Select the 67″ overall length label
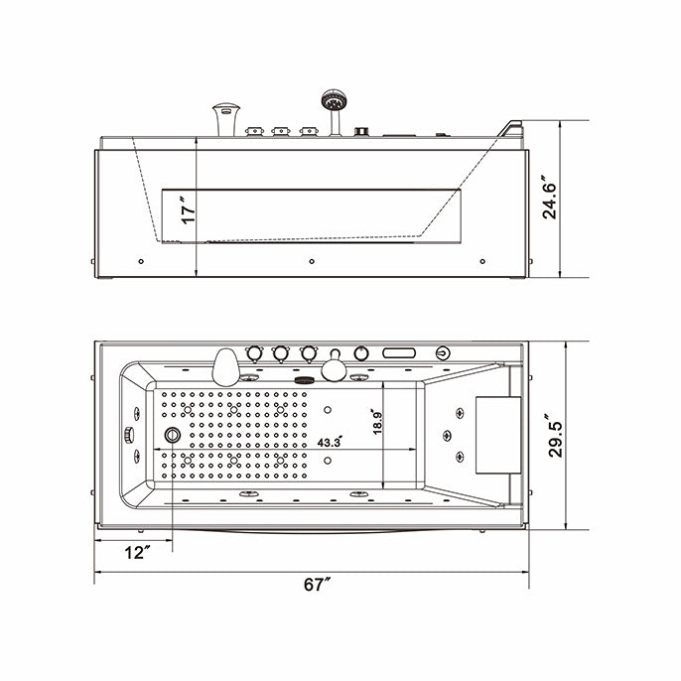click(316, 585)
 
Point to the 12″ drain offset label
click(139, 551)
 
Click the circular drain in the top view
click(174, 435)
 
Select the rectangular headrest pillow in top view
click(493, 436)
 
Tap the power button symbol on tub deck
click(442, 352)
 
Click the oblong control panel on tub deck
click(398, 352)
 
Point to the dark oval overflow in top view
click(304, 376)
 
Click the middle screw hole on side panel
click(312, 262)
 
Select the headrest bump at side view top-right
click(512, 129)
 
